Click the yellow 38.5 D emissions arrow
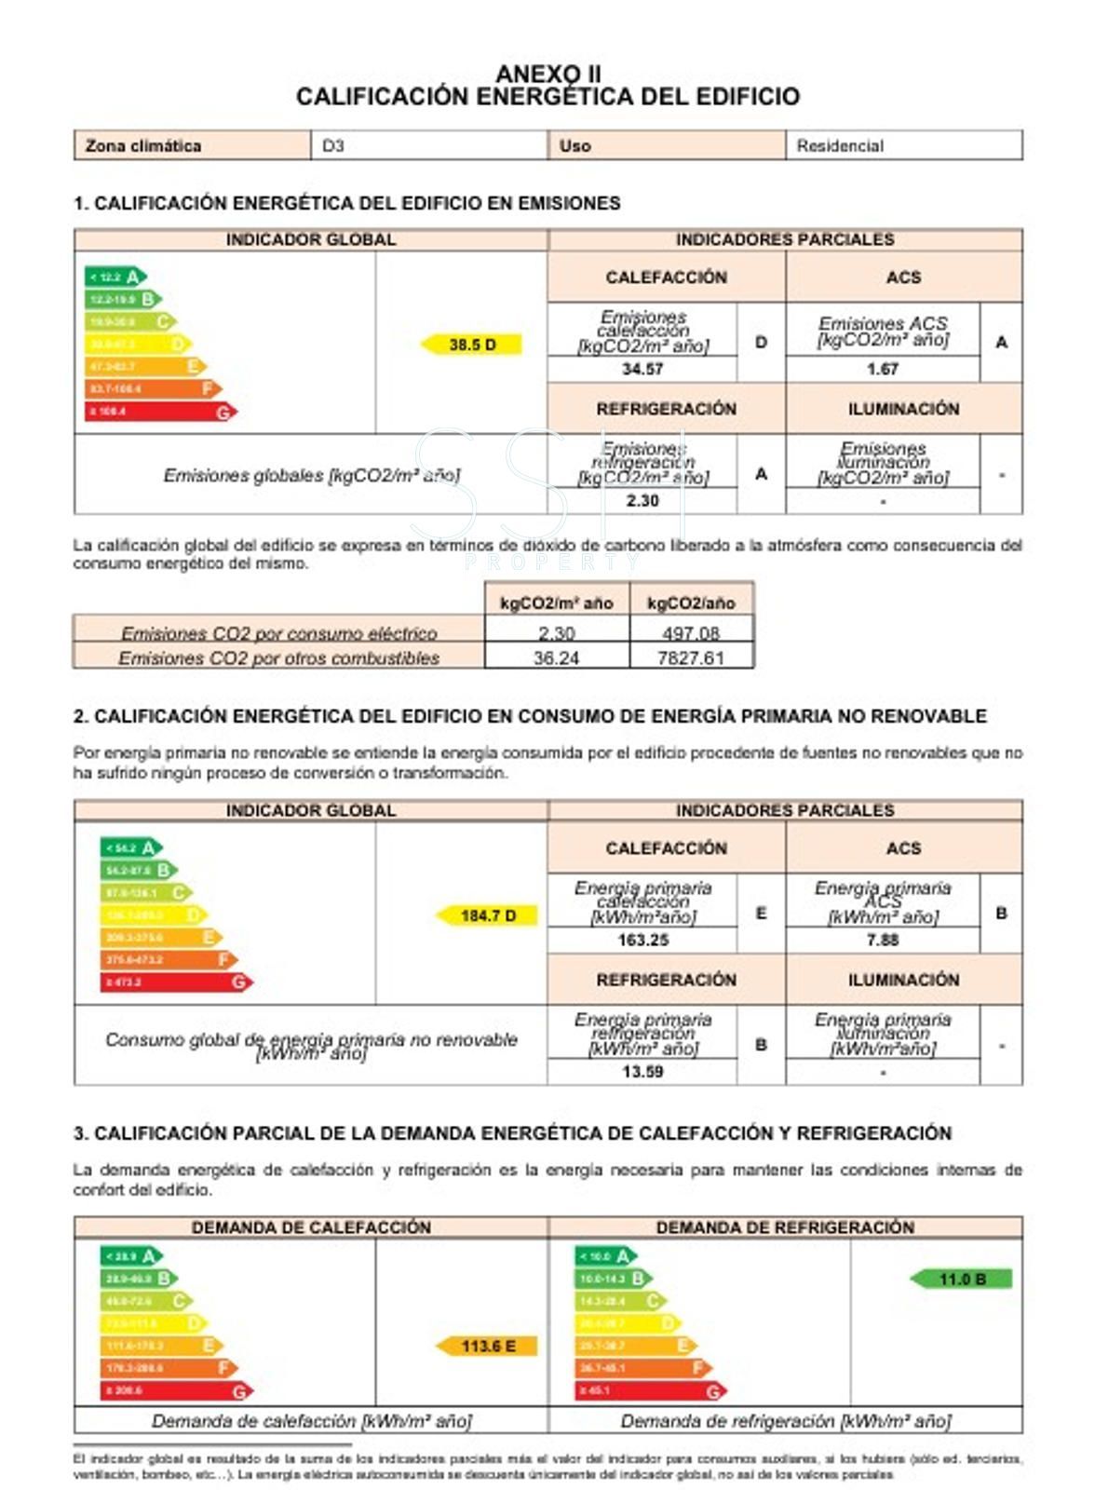pos(472,345)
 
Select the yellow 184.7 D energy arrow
pos(487,915)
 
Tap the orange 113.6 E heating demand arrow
pos(487,1346)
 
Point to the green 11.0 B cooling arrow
pos(961,1279)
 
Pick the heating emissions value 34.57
pos(642,369)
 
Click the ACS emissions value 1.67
pos(882,369)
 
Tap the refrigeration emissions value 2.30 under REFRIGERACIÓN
pos(642,501)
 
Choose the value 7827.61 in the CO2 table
pos(690,657)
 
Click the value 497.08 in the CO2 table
pos(690,633)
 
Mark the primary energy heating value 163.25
pos(642,940)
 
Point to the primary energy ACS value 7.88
pos(882,940)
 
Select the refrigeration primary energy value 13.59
pos(642,1072)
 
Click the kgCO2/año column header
pos(691,603)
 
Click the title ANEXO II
pos(547,74)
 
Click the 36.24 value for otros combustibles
pos(556,657)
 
